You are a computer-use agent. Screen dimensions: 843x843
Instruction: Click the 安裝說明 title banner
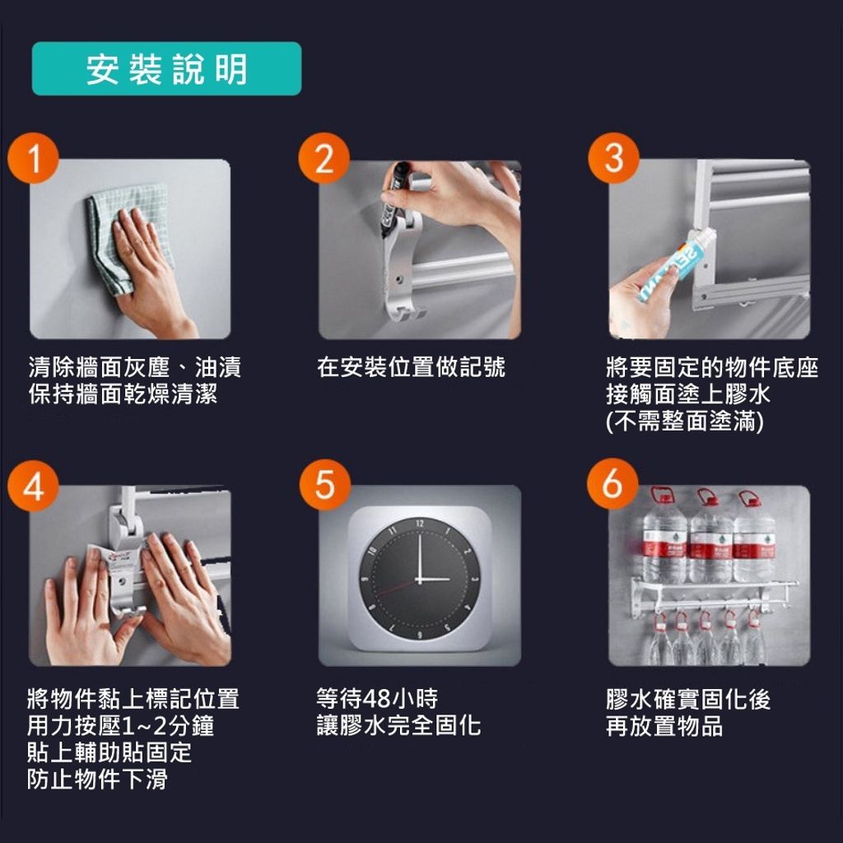coord(166,69)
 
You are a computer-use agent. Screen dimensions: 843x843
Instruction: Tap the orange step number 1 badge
coord(33,158)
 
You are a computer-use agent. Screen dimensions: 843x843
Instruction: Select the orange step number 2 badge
coord(324,158)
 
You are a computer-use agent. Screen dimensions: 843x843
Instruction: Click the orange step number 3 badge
coord(613,158)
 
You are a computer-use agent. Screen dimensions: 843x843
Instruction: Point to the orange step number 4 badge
coord(33,485)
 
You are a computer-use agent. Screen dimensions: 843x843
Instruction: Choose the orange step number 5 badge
coord(324,485)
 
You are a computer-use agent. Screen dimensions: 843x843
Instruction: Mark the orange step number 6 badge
coord(612,484)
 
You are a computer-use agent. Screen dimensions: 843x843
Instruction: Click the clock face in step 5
coord(419,579)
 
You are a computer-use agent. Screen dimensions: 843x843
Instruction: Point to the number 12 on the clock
coord(419,523)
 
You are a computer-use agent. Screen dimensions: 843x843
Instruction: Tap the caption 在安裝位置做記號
coord(412,367)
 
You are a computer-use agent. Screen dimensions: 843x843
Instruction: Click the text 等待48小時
coord(377,698)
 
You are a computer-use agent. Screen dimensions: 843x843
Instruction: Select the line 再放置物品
coord(664,725)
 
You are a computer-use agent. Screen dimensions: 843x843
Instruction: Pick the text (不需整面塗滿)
coord(684,421)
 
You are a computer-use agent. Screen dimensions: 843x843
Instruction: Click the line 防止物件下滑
coord(97,779)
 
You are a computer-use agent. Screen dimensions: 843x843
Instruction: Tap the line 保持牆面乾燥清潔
coord(123,394)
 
